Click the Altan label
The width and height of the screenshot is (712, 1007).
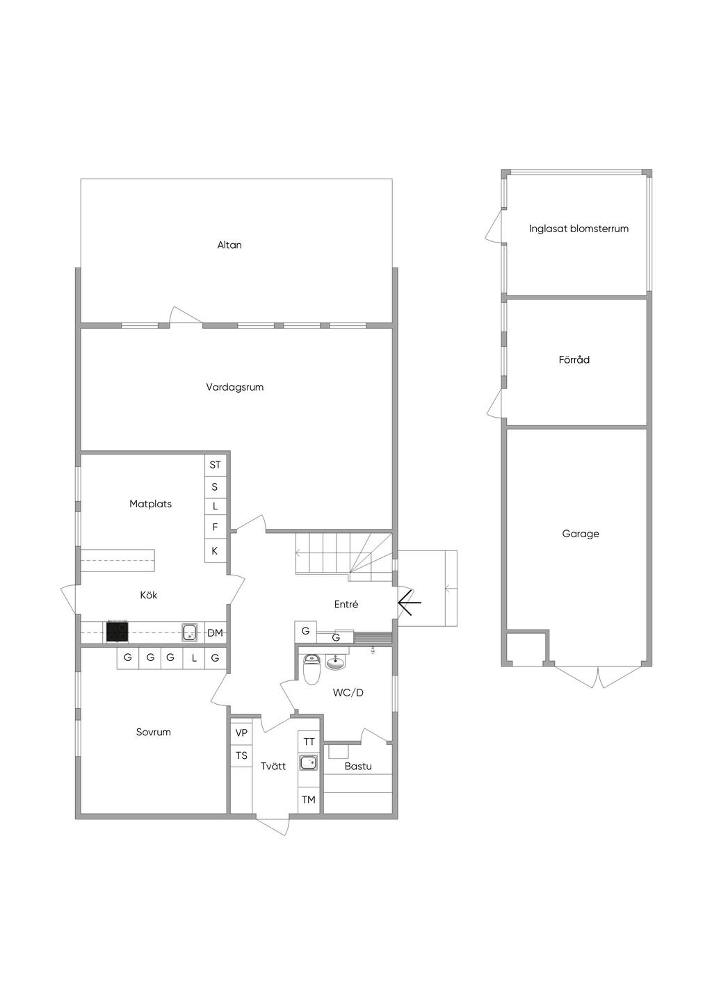click(229, 245)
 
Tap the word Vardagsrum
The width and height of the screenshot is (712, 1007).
click(235, 387)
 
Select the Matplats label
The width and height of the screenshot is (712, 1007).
click(151, 504)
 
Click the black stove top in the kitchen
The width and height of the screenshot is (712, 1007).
click(117, 632)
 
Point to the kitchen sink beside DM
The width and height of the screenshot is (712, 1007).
click(190, 632)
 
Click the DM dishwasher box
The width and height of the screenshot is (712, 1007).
click(216, 632)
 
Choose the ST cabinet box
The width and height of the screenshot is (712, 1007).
click(215, 464)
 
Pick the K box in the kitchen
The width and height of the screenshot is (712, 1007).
click(215, 550)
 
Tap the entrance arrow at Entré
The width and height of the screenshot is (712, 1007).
click(410, 603)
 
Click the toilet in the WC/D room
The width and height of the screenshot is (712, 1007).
click(311, 669)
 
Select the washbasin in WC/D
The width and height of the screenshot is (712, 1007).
click(335, 662)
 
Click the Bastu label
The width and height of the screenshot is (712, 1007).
click(358, 766)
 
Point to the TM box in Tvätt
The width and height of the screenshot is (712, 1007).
click(309, 800)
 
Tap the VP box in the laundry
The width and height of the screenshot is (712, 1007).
click(241, 732)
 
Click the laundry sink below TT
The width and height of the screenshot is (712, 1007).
click(309, 763)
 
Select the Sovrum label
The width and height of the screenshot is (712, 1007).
click(154, 732)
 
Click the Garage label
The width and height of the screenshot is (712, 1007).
click(581, 534)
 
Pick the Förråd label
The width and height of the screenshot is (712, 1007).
click(574, 360)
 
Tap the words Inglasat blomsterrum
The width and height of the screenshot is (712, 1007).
click(579, 229)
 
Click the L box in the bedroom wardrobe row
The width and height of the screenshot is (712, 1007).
click(194, 658)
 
